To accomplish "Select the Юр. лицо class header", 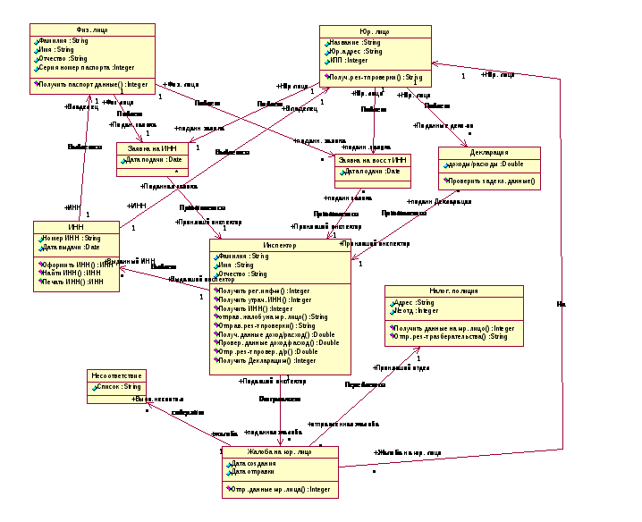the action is (x=376, y=31).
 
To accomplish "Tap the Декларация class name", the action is (x=489, y=152).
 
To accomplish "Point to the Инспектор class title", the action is (x=279, y=244).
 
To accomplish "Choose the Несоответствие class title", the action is (x=115, y=375).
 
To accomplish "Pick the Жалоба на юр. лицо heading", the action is (x=279, y=452).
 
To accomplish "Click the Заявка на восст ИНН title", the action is (x=373, y=160).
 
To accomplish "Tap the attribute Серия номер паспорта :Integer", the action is (x=86, y=68).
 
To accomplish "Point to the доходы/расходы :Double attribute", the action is (x=486, y=164).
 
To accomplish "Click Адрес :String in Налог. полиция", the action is (x=414, y=303).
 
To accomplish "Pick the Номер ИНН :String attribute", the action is (x=71, y=239).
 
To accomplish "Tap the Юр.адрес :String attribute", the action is (x=355, y=52).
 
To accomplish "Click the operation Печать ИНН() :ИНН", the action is (x=72, y=282).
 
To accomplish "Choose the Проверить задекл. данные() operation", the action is (x=491, y=181).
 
